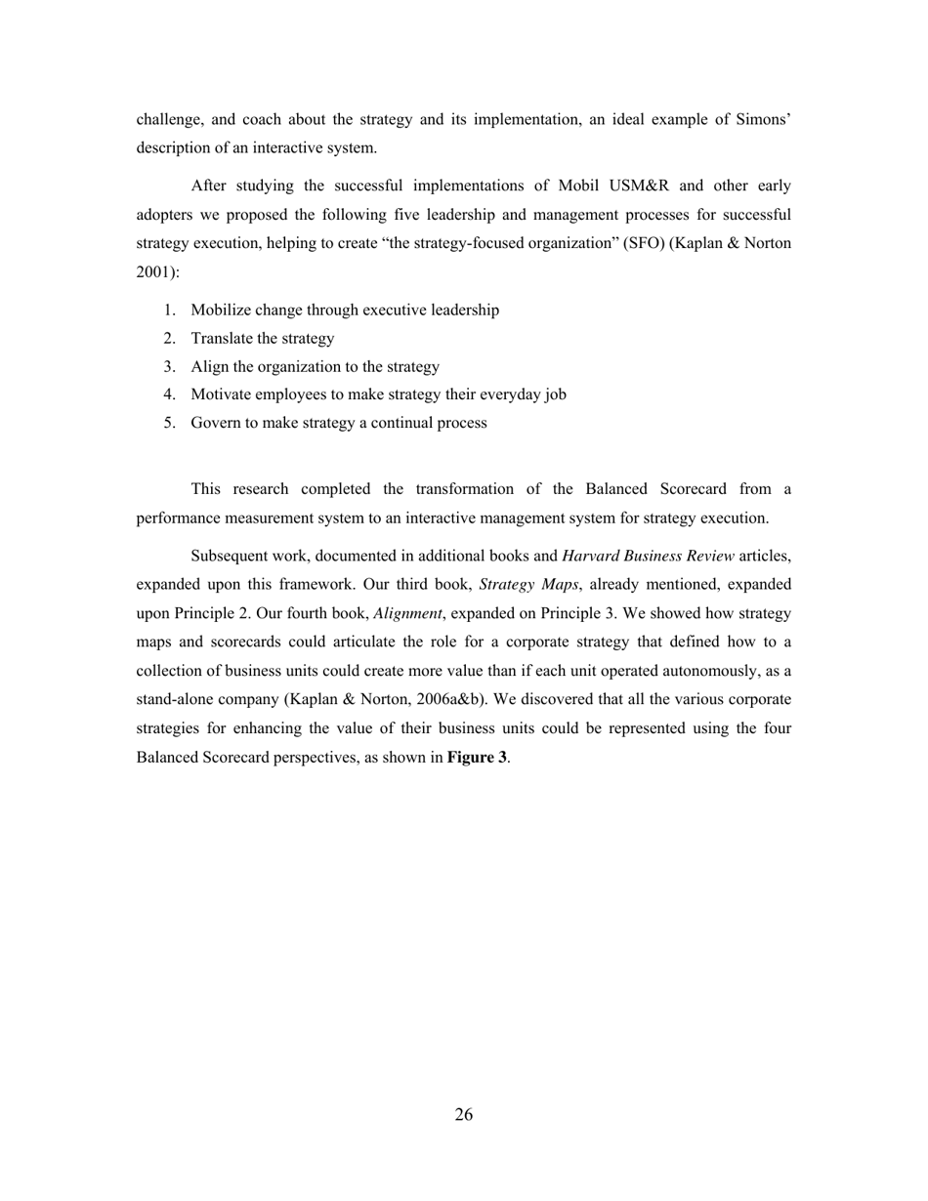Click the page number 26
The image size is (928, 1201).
[464, 1115]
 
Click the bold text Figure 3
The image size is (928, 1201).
[477, 757]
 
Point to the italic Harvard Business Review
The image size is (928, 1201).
[648, 557]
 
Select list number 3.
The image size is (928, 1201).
[170, 367]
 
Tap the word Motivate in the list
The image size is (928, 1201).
[222, 395]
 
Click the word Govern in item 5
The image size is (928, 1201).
[216, 424]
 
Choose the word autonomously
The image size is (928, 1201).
[708, 672]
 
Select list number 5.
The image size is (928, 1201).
[170, 424]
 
